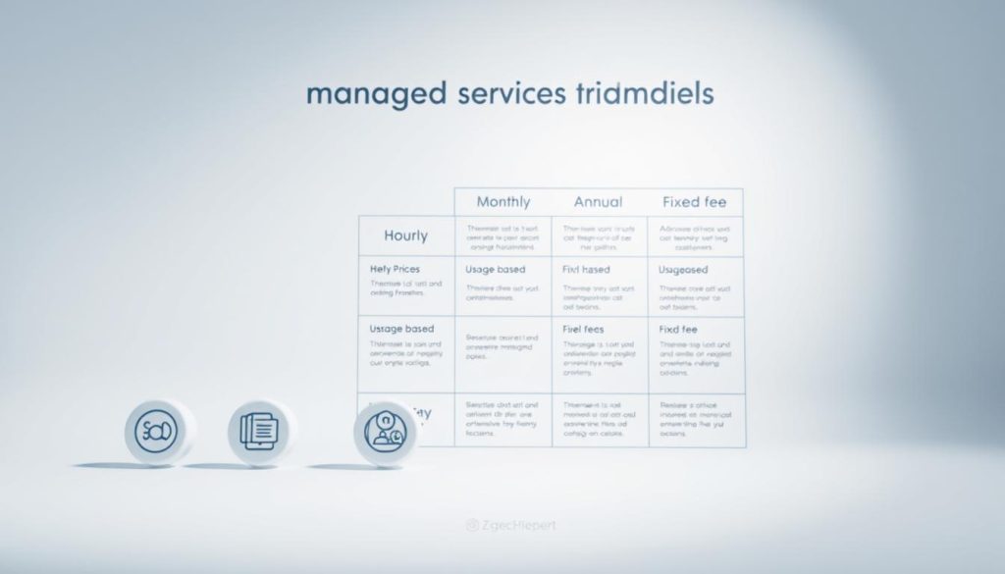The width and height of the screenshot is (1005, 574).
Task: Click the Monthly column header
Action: pyautogui.click(x=502, y=202)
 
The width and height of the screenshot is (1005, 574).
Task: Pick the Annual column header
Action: pyautogui.click(x=598, y=202)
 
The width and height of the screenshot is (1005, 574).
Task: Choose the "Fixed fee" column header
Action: pyautogui.click(x=694, y=202)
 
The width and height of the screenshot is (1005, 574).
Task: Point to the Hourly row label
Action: pyautogui.click(x=405, y=235)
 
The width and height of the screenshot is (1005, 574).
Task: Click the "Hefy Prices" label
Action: pyautogui.click(x=395, y=268)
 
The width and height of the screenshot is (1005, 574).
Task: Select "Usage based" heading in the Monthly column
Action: pyautogui.click(x=495, y=269)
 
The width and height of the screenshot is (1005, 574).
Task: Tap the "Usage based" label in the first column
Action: pyautogui.click(x=401, y=329)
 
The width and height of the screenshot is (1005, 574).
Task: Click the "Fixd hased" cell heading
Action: pyautogui.click(x=586, y=269)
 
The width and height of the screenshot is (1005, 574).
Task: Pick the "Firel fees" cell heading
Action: pyautogui.click(x=584, y=329)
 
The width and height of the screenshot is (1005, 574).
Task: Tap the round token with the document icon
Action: pyautogui.click(x=260, y=432)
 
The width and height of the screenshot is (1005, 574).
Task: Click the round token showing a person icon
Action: pyautogui.click(x=385, y=432)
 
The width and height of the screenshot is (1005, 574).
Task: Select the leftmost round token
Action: pyautogui.click(x=157, y=432)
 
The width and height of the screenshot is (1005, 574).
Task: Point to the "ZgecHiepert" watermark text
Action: pyautogui.click(x=517, y=525)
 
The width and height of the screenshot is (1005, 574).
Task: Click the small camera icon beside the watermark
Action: pyautogui.click(x=471, y=525)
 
